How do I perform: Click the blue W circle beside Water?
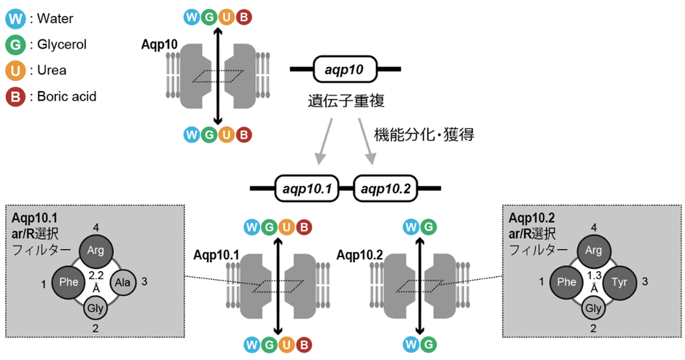[15, 17]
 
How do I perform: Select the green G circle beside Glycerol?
[15, 44]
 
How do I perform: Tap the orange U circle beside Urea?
[15, 71]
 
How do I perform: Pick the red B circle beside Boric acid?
[15, 96]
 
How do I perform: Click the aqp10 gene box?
[345, 70]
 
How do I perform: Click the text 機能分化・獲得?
[424, 135]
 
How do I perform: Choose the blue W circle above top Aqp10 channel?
[192, 15]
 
